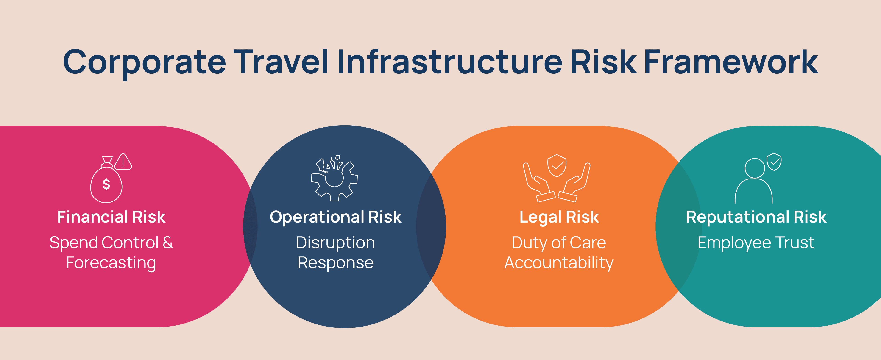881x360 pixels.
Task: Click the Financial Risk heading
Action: [x=112, y=217]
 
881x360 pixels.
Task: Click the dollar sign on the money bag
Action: [x=106, y=184]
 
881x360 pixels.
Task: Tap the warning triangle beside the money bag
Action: [x=123, y=162]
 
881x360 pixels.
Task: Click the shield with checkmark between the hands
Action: [x=557, y=165]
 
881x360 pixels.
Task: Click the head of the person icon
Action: [x=754, y=168]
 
